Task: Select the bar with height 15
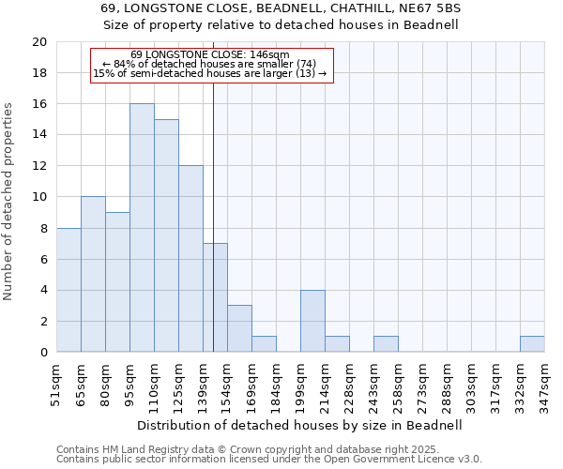(166, 235)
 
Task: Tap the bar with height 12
(190, 259)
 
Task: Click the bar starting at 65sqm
(93, 274)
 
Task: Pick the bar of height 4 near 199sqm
(312, 321)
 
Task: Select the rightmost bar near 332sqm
(532, 344)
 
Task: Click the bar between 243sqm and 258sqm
(386, 344)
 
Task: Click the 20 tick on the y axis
(38, 42)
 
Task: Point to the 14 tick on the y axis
(38, 135)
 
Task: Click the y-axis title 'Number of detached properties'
(8, 197)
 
